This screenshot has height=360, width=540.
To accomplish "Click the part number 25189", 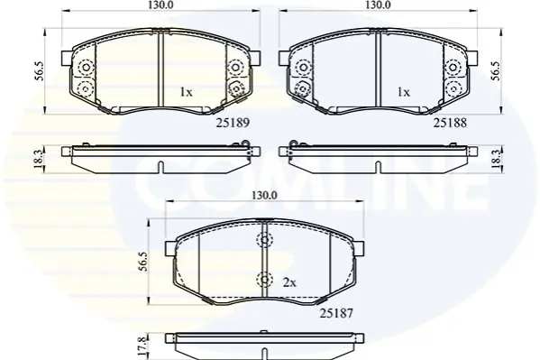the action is point(233,123).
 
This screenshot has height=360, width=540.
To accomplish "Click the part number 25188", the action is point(450,123).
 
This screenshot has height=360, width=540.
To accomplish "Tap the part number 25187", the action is point(336,313).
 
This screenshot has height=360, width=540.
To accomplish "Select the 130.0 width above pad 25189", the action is point(160,5).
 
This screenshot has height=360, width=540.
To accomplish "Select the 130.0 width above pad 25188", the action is point(378,5).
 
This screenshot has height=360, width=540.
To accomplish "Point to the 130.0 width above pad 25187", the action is point(264,196).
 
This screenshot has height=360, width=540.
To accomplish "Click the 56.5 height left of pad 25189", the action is point(40,71).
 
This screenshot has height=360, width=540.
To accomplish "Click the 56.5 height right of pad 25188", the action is point(496,71).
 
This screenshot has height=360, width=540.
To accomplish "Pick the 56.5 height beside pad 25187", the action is point(143,262).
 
